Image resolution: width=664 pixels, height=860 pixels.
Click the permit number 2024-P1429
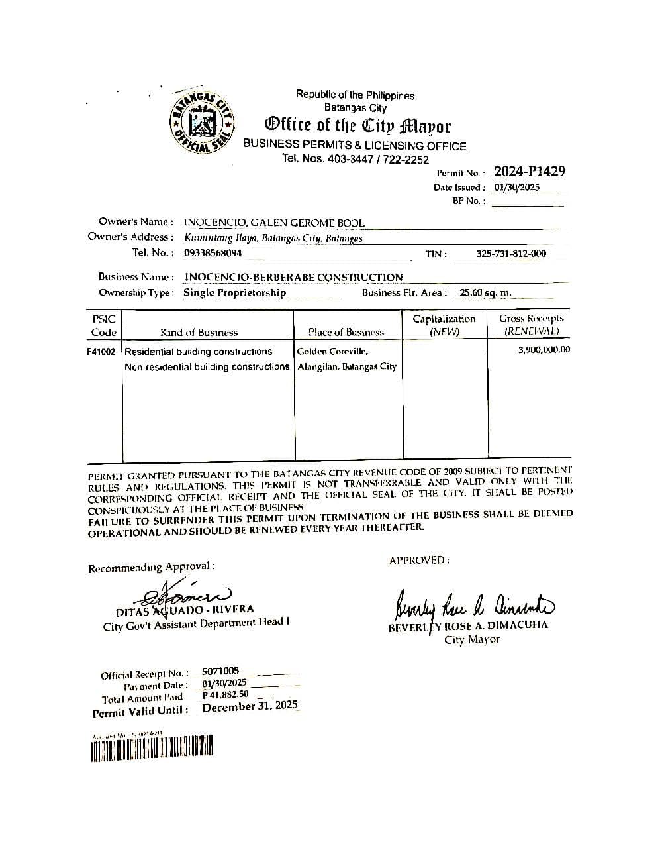pos(529,172)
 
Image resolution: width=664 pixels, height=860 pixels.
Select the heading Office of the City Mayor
pos(357,125)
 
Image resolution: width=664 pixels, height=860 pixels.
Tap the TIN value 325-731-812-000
pos(511,254)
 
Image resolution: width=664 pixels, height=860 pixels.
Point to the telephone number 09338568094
pos(213,253)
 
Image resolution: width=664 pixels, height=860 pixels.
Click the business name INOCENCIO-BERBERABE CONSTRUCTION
pos(293,277)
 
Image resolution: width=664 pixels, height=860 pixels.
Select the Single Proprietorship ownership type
pos(234,293)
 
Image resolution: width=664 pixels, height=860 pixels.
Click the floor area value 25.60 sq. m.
pos(485,293)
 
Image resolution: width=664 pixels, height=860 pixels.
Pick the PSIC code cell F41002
pos(101,352)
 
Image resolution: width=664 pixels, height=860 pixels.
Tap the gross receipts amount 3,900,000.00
pos(544,350)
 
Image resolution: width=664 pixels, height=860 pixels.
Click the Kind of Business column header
pos(199,333)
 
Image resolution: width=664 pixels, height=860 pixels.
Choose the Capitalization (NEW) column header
pos(444,325)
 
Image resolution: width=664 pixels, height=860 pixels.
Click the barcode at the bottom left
pos(153,749)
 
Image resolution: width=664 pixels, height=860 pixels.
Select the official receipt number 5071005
pos(220,671)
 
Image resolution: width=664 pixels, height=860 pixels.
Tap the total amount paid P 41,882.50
pos(226,695)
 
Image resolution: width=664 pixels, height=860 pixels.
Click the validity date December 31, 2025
pos(250,707)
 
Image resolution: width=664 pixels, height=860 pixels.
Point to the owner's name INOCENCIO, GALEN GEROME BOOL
pos(273,223)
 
